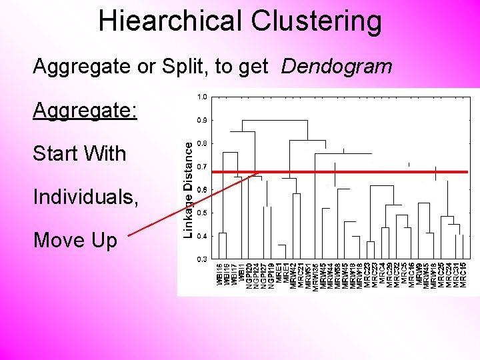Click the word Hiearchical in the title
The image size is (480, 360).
[x=171, y=21]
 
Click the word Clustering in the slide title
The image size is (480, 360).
[x=317, y=21]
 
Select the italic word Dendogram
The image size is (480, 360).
[x=337, y=67]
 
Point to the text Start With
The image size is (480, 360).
[x=79, y=153]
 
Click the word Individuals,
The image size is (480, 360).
[x=86, y=197]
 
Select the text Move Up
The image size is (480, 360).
[x=75, y=239]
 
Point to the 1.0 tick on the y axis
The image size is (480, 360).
[x=201, y=97]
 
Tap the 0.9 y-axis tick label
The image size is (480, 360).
[x=201, y=121]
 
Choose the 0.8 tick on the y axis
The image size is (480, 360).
[x=201, y=143]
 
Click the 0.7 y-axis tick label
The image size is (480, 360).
[x=201, y=167]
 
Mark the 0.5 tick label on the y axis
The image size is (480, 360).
[x=201, y=213]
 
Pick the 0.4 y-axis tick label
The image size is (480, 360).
[x=201, y=235]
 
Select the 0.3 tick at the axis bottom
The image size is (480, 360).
[x=201, y=258]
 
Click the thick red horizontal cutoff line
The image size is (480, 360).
[x=347, y=172]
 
